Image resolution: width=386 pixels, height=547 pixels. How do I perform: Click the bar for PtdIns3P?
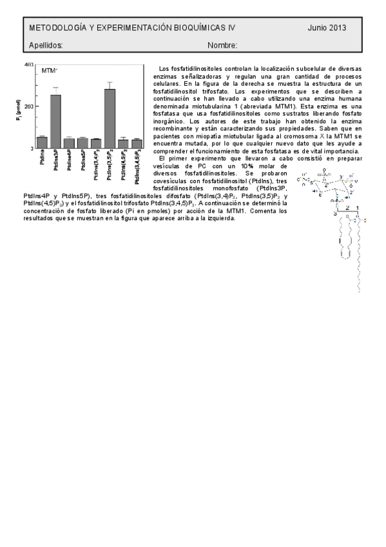tap(55, 121)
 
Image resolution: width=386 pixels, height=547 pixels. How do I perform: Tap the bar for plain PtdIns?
tap(42, 142)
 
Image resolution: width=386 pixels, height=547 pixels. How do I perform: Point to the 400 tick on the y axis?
tap(28, 65)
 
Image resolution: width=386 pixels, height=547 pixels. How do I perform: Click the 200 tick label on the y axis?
tap(29, 106)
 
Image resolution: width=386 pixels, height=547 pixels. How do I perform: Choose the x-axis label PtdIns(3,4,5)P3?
tap(137, 169)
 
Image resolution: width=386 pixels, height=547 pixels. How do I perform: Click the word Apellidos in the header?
tap(46, 45)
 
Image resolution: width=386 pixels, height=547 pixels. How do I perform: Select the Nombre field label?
tap(222, 45)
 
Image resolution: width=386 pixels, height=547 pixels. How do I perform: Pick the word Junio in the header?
tap(318, 28)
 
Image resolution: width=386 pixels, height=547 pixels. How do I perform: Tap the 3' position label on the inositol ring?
tap(342, 175)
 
